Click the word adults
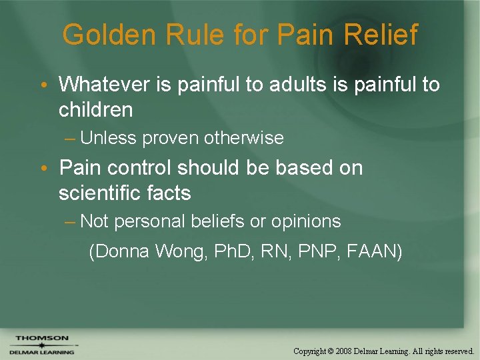tap(302, 85)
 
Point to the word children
tap(95, 109)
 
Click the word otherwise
tap(244, 138)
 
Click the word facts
tap(170, 193)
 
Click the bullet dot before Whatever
tap(43, 85)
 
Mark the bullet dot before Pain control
tap(43, 169)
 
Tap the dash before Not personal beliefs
tap(71, 221)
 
